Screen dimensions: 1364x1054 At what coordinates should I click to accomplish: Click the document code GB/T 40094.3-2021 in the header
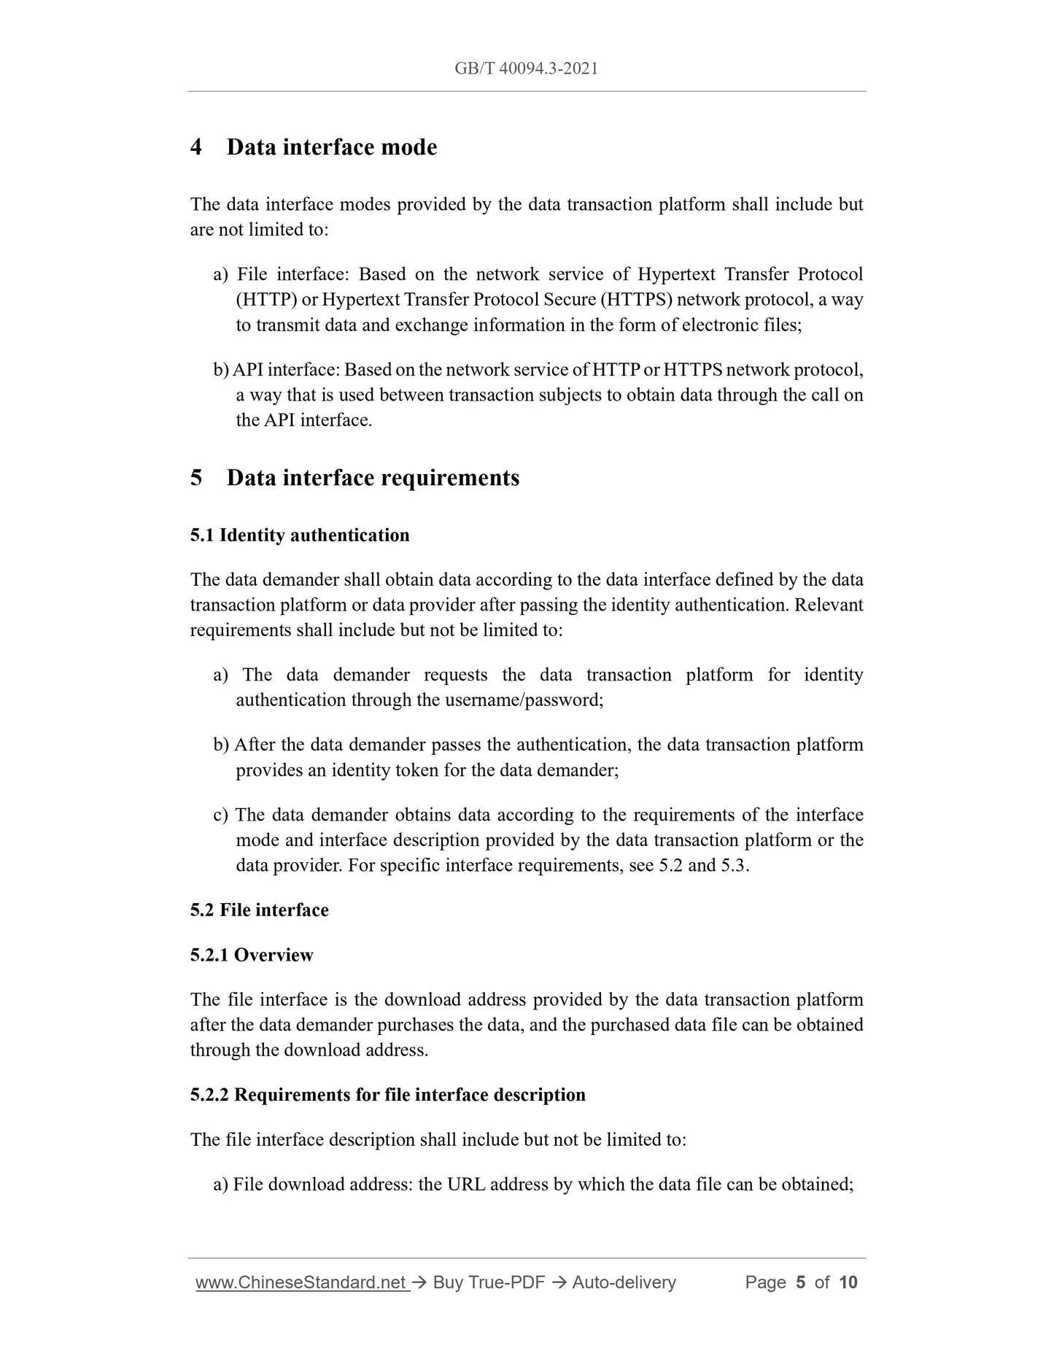point(526,69)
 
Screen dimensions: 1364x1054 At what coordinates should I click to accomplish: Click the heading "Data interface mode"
point(332,147)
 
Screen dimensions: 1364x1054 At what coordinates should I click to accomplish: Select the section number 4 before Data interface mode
point(196,147)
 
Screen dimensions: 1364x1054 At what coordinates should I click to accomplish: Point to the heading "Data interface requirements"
point(373,478)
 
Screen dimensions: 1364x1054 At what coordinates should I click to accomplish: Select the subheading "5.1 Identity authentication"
point(300,535)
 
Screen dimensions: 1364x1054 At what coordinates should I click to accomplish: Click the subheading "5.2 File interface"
point(260,910)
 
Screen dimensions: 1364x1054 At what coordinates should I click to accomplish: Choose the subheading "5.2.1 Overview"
point(252,956)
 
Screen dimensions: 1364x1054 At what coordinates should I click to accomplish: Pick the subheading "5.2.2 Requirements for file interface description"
point(388,1096)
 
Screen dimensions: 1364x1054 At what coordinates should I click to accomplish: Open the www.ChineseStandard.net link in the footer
point(301,1282)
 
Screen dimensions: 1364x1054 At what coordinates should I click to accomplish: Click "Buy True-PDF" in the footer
point(489,1282)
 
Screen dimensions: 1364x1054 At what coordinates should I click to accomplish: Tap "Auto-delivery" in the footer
point(624,1282)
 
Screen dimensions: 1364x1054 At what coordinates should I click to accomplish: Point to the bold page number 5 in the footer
point(800,1282)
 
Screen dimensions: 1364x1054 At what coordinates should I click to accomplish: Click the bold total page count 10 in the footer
point(848,1282)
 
